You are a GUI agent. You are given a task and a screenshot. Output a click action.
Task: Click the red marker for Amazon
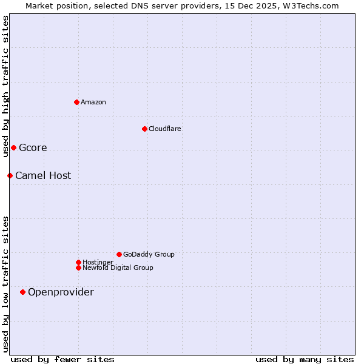[x=76, y=102]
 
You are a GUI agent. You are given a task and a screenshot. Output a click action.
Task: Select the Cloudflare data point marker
[x=144, y=129]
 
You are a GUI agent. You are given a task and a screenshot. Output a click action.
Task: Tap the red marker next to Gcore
[x=13, y=147]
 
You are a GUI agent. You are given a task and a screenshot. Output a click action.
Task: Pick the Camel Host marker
[x=10, y=175]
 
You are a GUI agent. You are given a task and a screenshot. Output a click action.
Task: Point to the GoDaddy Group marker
[x=119, y=254]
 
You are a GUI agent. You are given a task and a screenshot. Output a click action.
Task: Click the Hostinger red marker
[x=78, y=262]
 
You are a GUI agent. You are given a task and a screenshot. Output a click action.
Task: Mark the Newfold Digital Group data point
[x=78, y=268]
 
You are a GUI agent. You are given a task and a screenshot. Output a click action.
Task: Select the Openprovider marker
[x=22, y=292]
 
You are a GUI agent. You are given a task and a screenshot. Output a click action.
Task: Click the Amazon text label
[x=93, y=102]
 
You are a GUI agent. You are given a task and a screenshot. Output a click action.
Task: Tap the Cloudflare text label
[x=165, y=129]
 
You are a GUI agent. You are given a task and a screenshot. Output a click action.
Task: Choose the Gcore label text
[x=33, y=147]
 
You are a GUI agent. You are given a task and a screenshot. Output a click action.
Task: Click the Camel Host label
[x=43, y=175]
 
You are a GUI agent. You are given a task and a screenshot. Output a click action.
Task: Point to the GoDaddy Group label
[x=149, y=254]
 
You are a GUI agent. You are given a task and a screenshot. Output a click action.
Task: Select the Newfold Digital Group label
[x=118, y=268]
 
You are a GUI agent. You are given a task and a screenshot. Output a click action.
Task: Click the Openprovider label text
[x=61, y=292]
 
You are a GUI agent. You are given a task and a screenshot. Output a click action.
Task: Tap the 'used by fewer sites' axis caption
[x=62, y=359]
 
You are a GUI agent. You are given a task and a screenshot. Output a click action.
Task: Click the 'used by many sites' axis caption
[x=305, y=359]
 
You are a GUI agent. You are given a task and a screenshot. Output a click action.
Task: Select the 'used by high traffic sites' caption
[x=5, y=86]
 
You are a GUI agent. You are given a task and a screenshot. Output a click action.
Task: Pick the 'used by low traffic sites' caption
[x=5, y=283]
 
